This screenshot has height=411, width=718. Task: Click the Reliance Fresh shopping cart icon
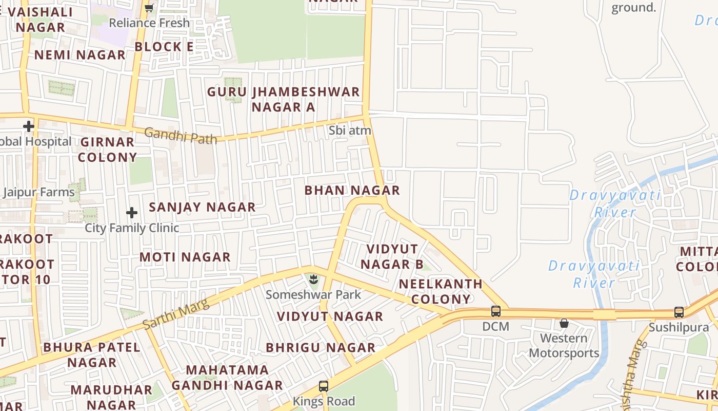tap(149, 8)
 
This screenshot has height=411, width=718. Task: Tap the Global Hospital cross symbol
tap(29, 126)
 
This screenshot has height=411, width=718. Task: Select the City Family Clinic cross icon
tap(132, 212)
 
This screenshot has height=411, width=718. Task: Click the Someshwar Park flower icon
tap(313, 280)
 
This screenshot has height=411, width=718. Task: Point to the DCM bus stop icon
tap(496, 311)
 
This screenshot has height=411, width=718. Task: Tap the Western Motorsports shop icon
tap(564, 323)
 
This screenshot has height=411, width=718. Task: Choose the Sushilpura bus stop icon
tap(679, 312)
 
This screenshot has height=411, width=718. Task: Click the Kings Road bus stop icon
tap(324, 386)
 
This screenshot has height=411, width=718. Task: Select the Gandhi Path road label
tap(181, 136)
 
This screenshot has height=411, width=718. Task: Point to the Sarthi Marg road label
tap(176, 313)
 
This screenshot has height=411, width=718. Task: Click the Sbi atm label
tap(350, 130)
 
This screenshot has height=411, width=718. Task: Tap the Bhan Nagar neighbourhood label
tap(352, 190)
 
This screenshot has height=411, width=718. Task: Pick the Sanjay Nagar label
tap(202, 207)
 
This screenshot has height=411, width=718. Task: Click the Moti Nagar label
tap(185, 257)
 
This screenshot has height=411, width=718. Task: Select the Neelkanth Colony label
tap(441, 291)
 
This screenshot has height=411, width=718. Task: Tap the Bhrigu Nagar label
tap(321, 348)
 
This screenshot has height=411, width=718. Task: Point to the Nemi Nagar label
tap(80, 55)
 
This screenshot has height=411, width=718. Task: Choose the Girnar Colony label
tap(107, 150)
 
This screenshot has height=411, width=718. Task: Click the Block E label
tap(164, 47)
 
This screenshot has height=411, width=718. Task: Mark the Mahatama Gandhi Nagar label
tap(227, 378)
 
